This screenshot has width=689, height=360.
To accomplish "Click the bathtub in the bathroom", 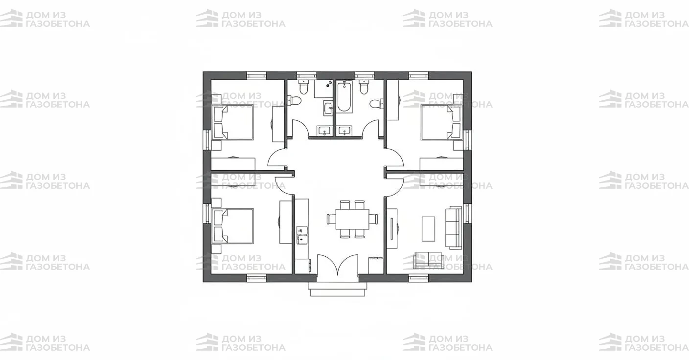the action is tap(344, 96).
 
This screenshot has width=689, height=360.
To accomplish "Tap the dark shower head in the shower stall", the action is tap(330, 83).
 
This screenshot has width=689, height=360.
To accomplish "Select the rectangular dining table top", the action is tap(352, 219).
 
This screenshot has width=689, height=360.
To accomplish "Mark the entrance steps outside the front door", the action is tap(338, 289).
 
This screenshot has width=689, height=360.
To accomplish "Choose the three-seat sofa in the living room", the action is tap(454, 227).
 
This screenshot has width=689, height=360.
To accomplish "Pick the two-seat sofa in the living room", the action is tap(428, 260).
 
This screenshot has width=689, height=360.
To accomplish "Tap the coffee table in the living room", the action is tap(428, 229).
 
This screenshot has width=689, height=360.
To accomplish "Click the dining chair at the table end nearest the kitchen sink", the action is tap(331, 219).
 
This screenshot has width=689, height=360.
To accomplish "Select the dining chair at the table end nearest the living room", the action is tap(373, 219).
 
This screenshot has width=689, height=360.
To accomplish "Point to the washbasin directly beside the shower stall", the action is tap(328, 108).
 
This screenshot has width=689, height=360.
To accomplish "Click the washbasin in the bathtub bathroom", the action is tap(344, 131).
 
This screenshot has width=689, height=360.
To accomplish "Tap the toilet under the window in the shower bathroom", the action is tap(303, 88).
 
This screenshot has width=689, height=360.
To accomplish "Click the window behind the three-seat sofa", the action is tap(467, 213).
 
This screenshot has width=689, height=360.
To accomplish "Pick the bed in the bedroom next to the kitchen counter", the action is tap(233, 226).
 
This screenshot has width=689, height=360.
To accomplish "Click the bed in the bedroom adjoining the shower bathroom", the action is tap(233, 122).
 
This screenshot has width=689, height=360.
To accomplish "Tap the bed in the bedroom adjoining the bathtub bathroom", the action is tap(442, 122).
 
